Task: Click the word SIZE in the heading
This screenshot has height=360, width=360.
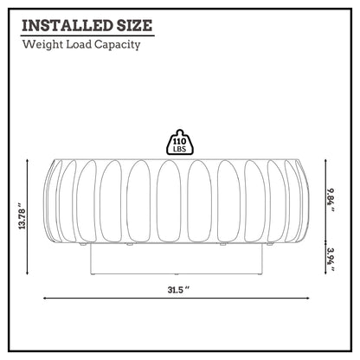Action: click(x=134, y=25)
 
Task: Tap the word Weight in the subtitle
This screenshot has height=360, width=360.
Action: click(x=42, y=45)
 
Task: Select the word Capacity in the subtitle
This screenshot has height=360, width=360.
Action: click(x=118, y=45)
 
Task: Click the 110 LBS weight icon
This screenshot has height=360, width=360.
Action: click(x=179, y=142)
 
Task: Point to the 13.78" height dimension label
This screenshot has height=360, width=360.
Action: click(x=22, y=216)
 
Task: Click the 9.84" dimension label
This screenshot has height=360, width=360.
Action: click(x=331, y=200)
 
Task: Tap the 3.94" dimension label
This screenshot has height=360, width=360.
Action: click(x=331, y=260)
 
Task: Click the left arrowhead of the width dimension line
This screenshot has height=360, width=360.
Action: click(x=44, y=299)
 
